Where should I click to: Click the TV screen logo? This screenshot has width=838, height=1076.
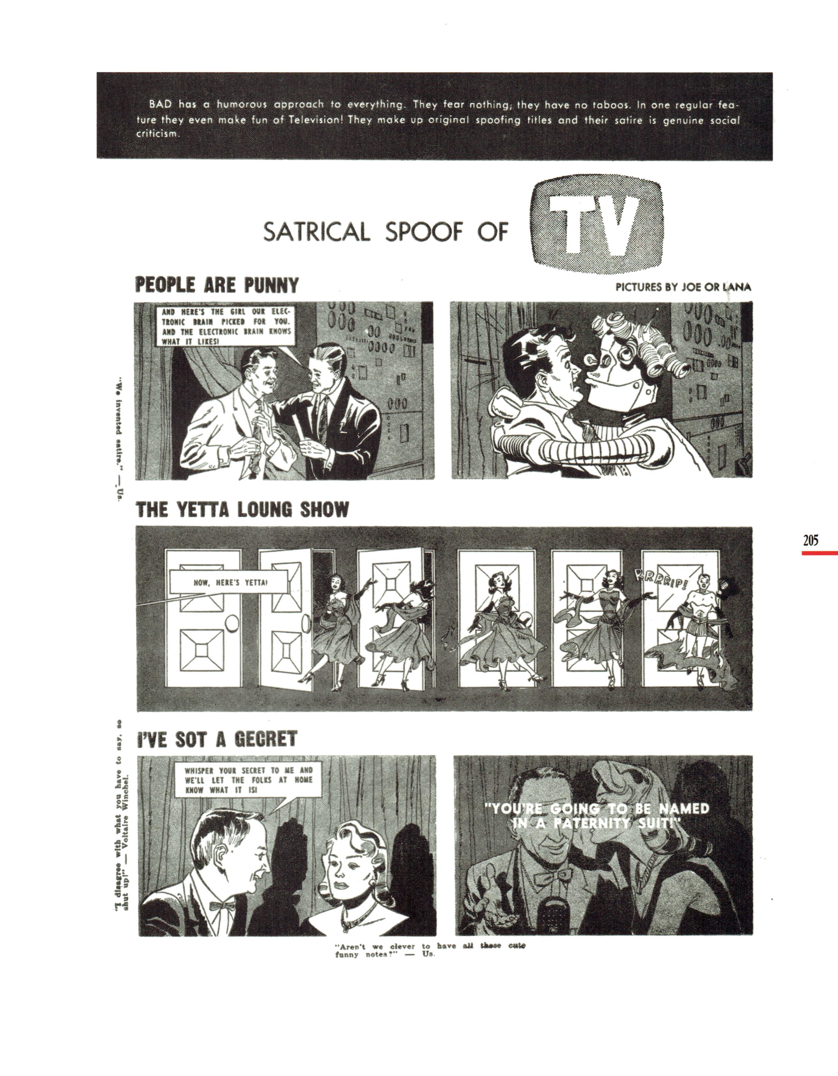(595, 224)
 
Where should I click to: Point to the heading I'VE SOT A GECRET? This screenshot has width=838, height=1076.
(217, 739)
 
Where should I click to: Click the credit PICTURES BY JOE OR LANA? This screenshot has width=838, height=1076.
(683, 288)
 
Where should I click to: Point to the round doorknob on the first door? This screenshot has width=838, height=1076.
(232, 626)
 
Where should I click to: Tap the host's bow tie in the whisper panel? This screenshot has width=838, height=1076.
(222, 906)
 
